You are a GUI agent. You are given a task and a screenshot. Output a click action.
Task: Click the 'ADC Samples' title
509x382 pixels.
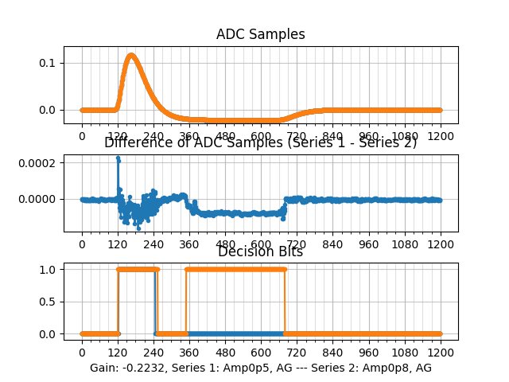[260, 34]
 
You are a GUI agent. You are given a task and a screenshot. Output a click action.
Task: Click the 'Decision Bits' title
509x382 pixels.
[260, 252]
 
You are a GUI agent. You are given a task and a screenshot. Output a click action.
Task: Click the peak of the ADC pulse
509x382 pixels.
[130, 55]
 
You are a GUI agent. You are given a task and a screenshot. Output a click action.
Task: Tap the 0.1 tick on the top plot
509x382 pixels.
[49, 63]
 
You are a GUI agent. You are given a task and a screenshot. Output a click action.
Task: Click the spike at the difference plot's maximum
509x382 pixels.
[118, 158]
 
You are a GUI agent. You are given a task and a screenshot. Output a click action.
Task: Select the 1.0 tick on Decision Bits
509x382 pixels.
[49, 269]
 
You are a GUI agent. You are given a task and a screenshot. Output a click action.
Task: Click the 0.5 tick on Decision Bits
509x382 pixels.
[49, 302]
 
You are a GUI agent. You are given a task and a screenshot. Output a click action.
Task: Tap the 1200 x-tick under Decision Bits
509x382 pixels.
[441, 353]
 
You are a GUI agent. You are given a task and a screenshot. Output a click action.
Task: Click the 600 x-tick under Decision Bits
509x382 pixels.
[261, 353]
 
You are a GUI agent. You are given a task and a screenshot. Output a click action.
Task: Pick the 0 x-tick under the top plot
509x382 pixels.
[82, 136]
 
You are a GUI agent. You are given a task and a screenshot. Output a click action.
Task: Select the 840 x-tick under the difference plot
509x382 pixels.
[332, 244]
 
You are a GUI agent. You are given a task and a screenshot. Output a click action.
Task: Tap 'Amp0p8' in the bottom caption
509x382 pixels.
[387, 368]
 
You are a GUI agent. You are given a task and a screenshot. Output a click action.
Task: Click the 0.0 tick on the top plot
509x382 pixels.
[49, 110]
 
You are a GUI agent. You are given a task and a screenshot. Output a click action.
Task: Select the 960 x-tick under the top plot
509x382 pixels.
[369, 136]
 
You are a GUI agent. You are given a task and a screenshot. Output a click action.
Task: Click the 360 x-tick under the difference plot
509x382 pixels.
[189, 244]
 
